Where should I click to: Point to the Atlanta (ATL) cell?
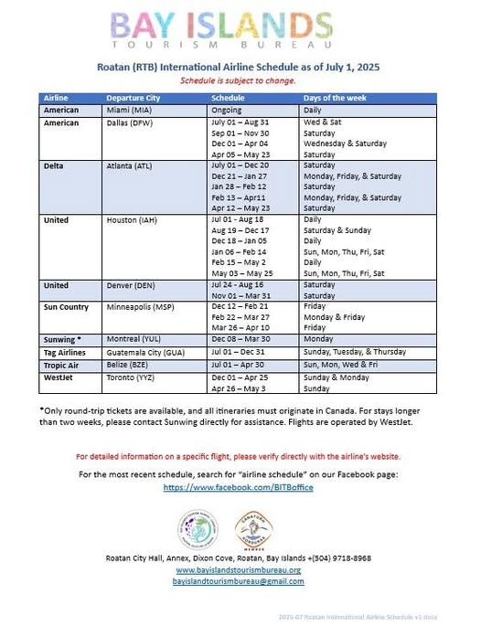pyautogui.click(x=129, y=165)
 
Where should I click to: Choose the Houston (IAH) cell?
pyautogui.click(x=130, y=220)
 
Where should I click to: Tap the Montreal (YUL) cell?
pyautogui.click(x=130, y=339)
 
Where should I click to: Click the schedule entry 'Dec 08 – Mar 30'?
pyautogui.click(x=240, y=339)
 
